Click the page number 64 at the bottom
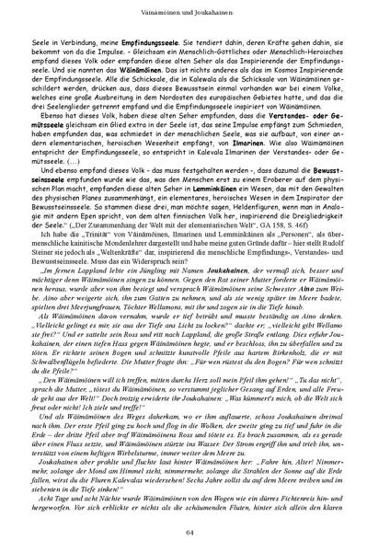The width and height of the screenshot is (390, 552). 195,533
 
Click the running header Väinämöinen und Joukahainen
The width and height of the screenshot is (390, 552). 195,7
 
